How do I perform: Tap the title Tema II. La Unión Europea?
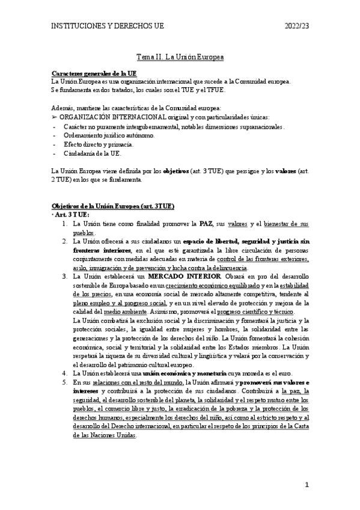tap(180, 57)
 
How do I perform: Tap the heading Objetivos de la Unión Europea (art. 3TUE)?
tap(113, 205)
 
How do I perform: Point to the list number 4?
tap(66, 373)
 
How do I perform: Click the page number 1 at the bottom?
tap(307, 484)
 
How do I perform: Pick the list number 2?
tap(66, 241)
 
